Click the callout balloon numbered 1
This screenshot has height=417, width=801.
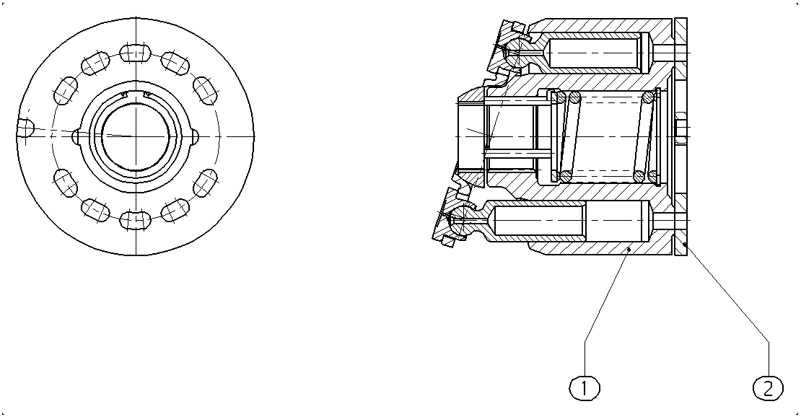[x=585, y=388]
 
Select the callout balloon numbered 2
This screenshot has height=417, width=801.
[x=769, y=388]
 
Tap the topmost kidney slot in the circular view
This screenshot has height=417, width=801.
[x=136, y=53]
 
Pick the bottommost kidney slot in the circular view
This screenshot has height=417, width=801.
[x=136, y=220]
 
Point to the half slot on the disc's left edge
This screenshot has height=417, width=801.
[x=25, y=128]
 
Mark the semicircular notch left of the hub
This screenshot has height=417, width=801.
[x=76, y=136]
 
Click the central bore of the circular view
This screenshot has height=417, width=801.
[x=136, y=136]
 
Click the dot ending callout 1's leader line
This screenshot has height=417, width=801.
[x=629, y=250]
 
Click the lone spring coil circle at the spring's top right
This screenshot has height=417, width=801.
[x=649, y=97]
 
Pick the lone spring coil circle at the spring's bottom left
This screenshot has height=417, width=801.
[x=564, y=176]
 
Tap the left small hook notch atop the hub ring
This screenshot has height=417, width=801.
[x=125, y=94]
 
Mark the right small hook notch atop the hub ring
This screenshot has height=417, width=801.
[x=147, y=94]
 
